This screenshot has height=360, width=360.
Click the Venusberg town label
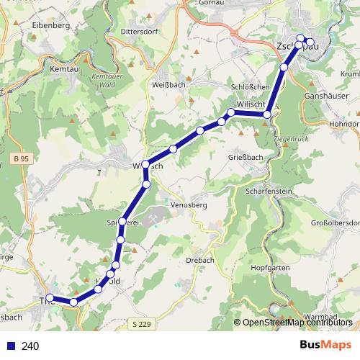(189, 205)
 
